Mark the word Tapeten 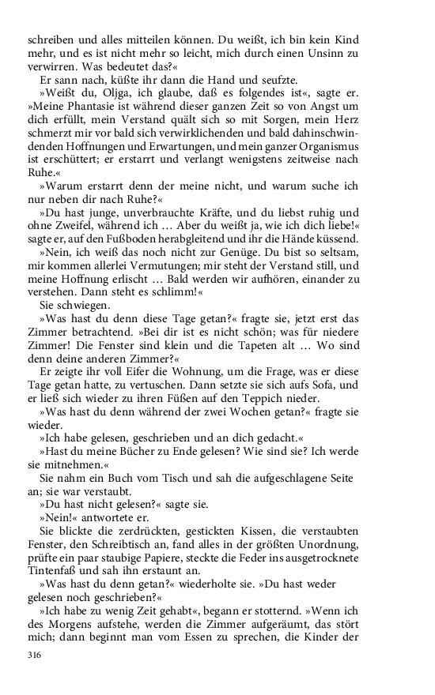pyautogui.click(x=283, y=339)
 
